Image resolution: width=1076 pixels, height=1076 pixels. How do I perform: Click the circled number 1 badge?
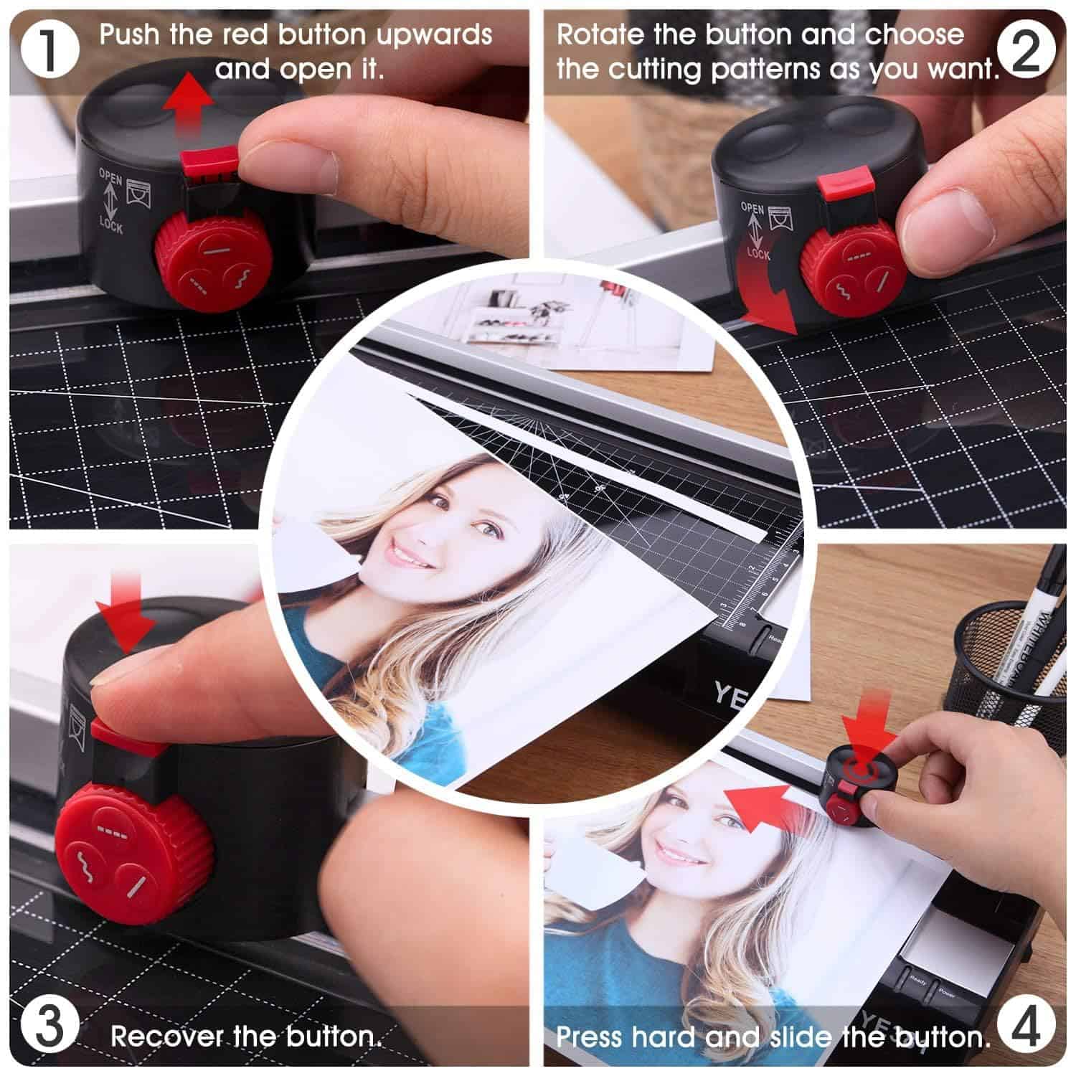pyautogui.click(x=49, y=50)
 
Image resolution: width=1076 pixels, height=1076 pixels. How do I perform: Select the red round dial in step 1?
pyautogui.click(x=210, y=263)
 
